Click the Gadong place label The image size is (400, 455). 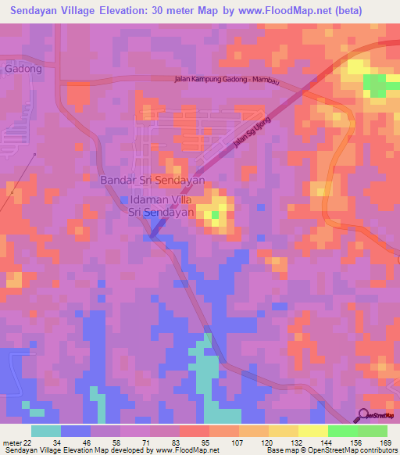tap(23, 69)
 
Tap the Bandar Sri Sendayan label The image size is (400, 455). tap(152, 180)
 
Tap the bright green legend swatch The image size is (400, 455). tap(342, 430)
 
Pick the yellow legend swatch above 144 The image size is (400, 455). tap(312, 430)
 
